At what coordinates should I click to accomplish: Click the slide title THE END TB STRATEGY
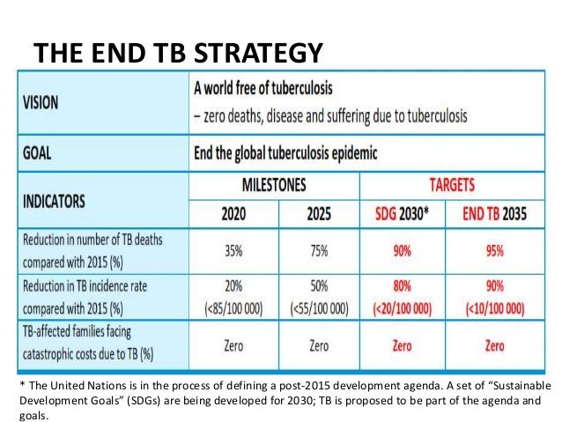(177, 52)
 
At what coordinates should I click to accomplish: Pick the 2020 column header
(233, 213)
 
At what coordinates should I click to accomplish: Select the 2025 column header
(319, 213)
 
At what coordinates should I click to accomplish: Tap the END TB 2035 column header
(495, 213)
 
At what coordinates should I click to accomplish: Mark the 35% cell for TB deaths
(233, 249)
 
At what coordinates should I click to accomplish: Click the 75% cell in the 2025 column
(319, 249)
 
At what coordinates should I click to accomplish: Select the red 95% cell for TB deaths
(495, 249)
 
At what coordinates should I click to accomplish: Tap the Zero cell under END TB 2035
(495, 346)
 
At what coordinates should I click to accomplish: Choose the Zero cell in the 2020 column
(233, 346)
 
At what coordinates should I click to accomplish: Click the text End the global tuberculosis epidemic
(285, 152)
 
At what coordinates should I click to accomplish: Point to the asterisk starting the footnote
(22, 385)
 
